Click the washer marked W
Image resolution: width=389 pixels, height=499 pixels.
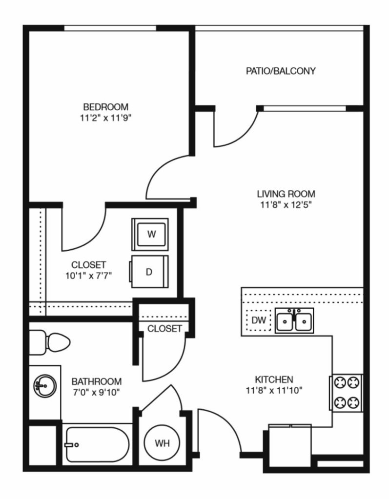(x=150, y=234)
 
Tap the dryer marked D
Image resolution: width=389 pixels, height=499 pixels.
(x=149, y=272)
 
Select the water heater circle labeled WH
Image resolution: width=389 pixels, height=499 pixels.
(x=162, y=443)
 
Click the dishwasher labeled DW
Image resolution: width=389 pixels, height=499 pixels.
(x=259, y=320)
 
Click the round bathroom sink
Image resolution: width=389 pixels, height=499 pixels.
(x=45, y=386)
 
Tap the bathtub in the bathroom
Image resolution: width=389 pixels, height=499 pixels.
(x=97, y=444)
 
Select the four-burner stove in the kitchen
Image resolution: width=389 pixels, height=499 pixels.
(x=346, y=393)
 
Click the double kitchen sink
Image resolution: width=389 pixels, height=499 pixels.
(x=294, y=320)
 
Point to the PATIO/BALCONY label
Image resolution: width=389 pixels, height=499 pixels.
(x=281, y=71)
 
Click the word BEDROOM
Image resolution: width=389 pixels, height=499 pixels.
(x=106, y=107)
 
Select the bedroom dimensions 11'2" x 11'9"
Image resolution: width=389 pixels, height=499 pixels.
(x=106, y=118)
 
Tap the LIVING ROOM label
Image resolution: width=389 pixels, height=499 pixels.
(x=286, y=194)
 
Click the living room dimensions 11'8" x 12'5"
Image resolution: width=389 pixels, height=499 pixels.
(x=286, y=205)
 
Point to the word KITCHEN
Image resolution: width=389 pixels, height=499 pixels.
(x=274, y=379)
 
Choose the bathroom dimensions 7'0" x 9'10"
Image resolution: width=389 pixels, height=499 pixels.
(x=96, y=392)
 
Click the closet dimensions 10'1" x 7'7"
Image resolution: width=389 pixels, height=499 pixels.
(x=88, y=276)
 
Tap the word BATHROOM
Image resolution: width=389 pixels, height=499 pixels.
(x=97, y=381)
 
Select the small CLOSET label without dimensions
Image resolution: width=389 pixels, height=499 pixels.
(x=164, y=328)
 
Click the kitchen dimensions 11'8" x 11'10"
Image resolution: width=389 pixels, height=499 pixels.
(x=274, y=391)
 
